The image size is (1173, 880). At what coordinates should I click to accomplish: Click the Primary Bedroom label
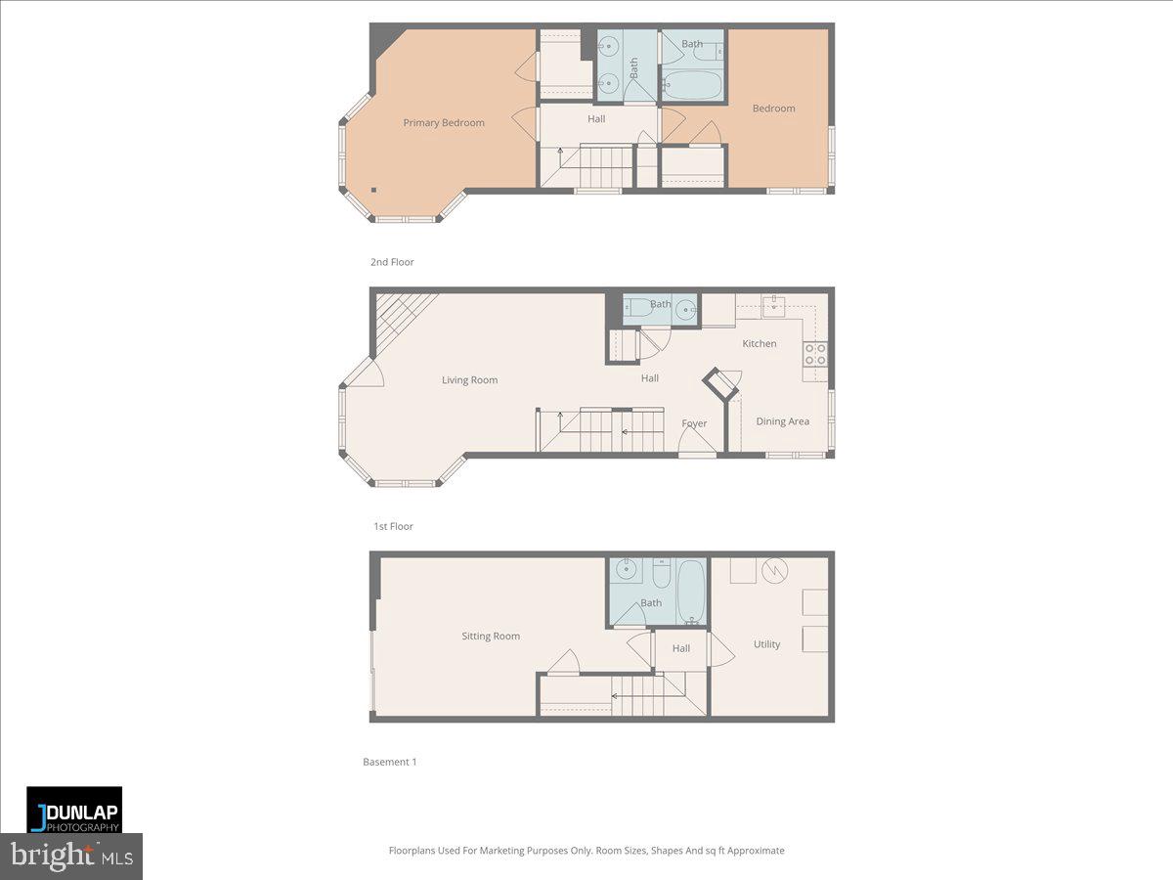click(x=444, y=123)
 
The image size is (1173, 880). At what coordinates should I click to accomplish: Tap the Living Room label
click(x=469, y=380)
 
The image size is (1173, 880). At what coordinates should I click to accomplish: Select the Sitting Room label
click(x=491, y=637)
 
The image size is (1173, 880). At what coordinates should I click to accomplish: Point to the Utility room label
click(x=767, y=644)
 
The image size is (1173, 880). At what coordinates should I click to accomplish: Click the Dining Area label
click(x=783, y=421)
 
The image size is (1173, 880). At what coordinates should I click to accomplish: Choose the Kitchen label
click(x=760, y=343)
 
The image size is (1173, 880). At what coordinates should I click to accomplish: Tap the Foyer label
click(x=694, y=423)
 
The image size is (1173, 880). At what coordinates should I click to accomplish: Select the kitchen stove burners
click(x=815, y=354)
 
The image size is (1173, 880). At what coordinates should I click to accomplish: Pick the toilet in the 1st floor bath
click(x=640, y=308)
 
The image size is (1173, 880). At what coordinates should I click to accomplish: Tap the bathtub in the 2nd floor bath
click(x=692, y=85)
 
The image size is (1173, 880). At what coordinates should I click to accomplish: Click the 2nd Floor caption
click(x=392, y=262)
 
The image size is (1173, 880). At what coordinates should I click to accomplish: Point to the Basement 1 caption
click(x=390, y=762)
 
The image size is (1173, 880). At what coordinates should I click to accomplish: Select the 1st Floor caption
click(x=393, y=526)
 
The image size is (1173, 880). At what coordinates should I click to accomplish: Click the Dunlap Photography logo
click(x=74, y=810)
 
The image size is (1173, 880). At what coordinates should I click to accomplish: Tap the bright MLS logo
click(x=71, y=857)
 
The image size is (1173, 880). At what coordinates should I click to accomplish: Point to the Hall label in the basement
click(x=681, y=648)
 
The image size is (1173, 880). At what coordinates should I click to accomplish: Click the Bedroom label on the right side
click(x=773, y=109)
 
